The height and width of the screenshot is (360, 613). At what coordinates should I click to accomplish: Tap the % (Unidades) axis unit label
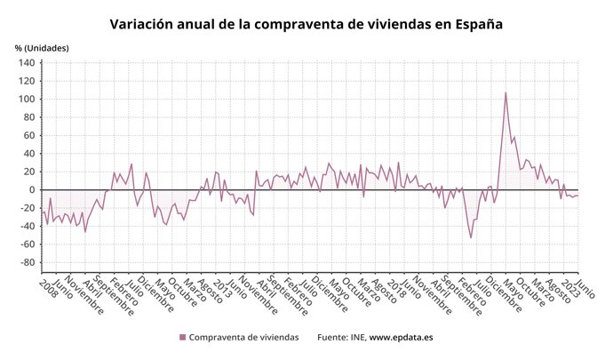(x=41, y=47)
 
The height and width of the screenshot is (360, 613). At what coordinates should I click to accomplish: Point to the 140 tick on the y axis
(x=26, y=64)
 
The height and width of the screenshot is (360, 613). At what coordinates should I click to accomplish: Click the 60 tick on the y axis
(x=28, y=136)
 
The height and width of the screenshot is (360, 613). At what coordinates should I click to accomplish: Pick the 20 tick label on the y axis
(x=28, y=172)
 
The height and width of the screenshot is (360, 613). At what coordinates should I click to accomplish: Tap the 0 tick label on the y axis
(x=31, y=190)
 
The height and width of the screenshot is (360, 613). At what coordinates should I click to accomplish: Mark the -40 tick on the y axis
(x=27, y=226)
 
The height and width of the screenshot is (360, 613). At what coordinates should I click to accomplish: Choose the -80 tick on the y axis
(x=27, y=262)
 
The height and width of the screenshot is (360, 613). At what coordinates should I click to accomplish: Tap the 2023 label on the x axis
(x=570, y=286)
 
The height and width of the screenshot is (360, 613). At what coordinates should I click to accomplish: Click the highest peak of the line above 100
(x=506, y=92)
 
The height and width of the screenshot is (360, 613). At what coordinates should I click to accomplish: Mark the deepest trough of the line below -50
(x=471, y=237)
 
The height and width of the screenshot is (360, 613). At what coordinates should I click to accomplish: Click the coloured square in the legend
(x=183, y=338)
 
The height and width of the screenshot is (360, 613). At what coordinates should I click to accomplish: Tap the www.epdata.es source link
(x=401, y=338)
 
